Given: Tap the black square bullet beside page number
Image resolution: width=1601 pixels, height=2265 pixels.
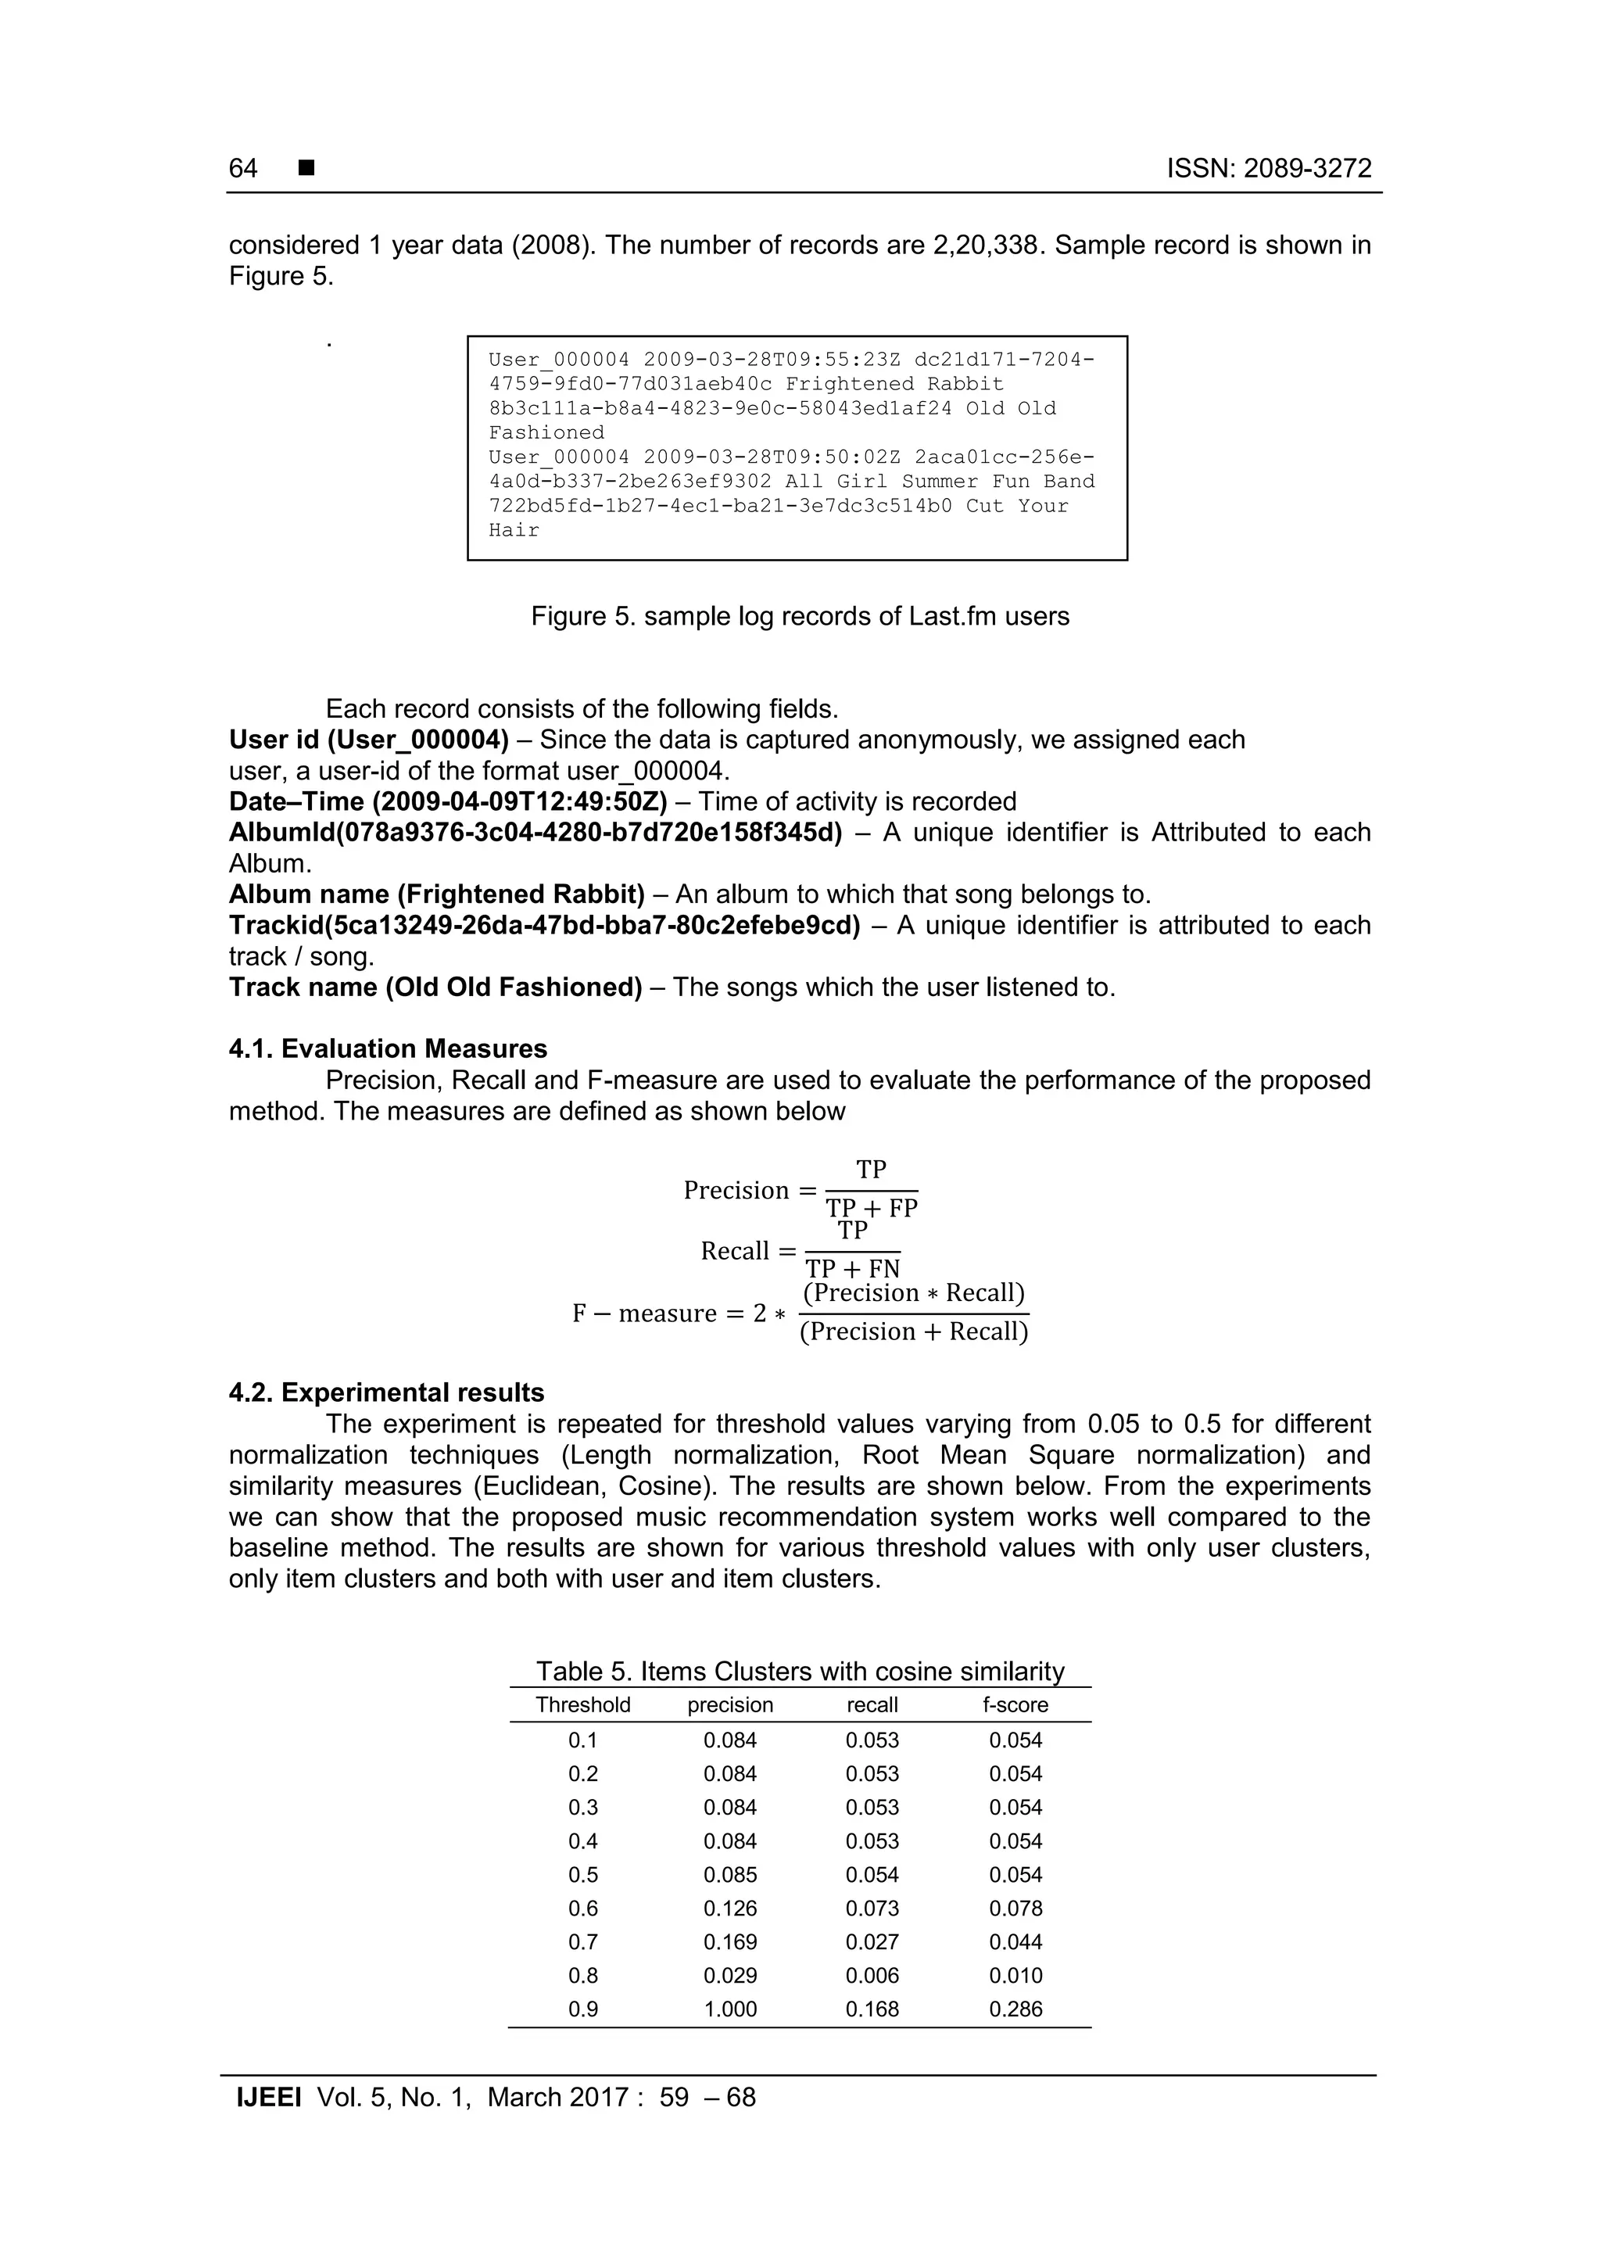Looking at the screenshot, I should pos(306,169).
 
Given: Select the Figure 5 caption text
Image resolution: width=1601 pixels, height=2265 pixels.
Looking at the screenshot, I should pos(799,617).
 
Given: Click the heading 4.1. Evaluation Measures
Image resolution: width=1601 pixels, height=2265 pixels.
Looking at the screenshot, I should pos(388,1048).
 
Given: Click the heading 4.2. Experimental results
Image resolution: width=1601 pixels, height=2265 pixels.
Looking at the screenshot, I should pos(385,1393).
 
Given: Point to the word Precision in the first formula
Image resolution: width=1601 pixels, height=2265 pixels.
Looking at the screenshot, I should pos(736,1191).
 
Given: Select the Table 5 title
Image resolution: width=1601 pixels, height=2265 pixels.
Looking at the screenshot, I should pos(799,1671).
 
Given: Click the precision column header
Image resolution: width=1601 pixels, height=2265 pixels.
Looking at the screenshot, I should pos(730,1704).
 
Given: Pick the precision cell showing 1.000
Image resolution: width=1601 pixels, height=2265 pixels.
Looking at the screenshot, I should pos(730,2009).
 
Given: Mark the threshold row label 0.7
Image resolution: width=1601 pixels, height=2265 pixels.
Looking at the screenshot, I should pos(583,1941).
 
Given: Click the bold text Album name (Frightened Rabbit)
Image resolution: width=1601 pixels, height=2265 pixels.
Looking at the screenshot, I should pos(436,894).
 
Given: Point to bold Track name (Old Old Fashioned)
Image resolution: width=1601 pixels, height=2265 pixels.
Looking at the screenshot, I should pos(435,987).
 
